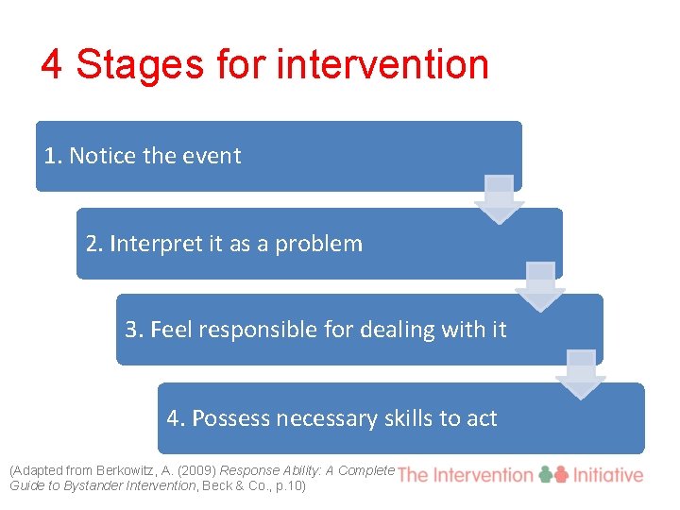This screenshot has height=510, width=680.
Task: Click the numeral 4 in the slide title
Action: coord(52,65)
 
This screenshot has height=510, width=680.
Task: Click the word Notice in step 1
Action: coord(103,156)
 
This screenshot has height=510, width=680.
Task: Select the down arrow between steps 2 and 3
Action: coord(540,286)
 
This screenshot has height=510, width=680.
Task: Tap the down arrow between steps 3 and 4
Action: coord(581,374)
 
